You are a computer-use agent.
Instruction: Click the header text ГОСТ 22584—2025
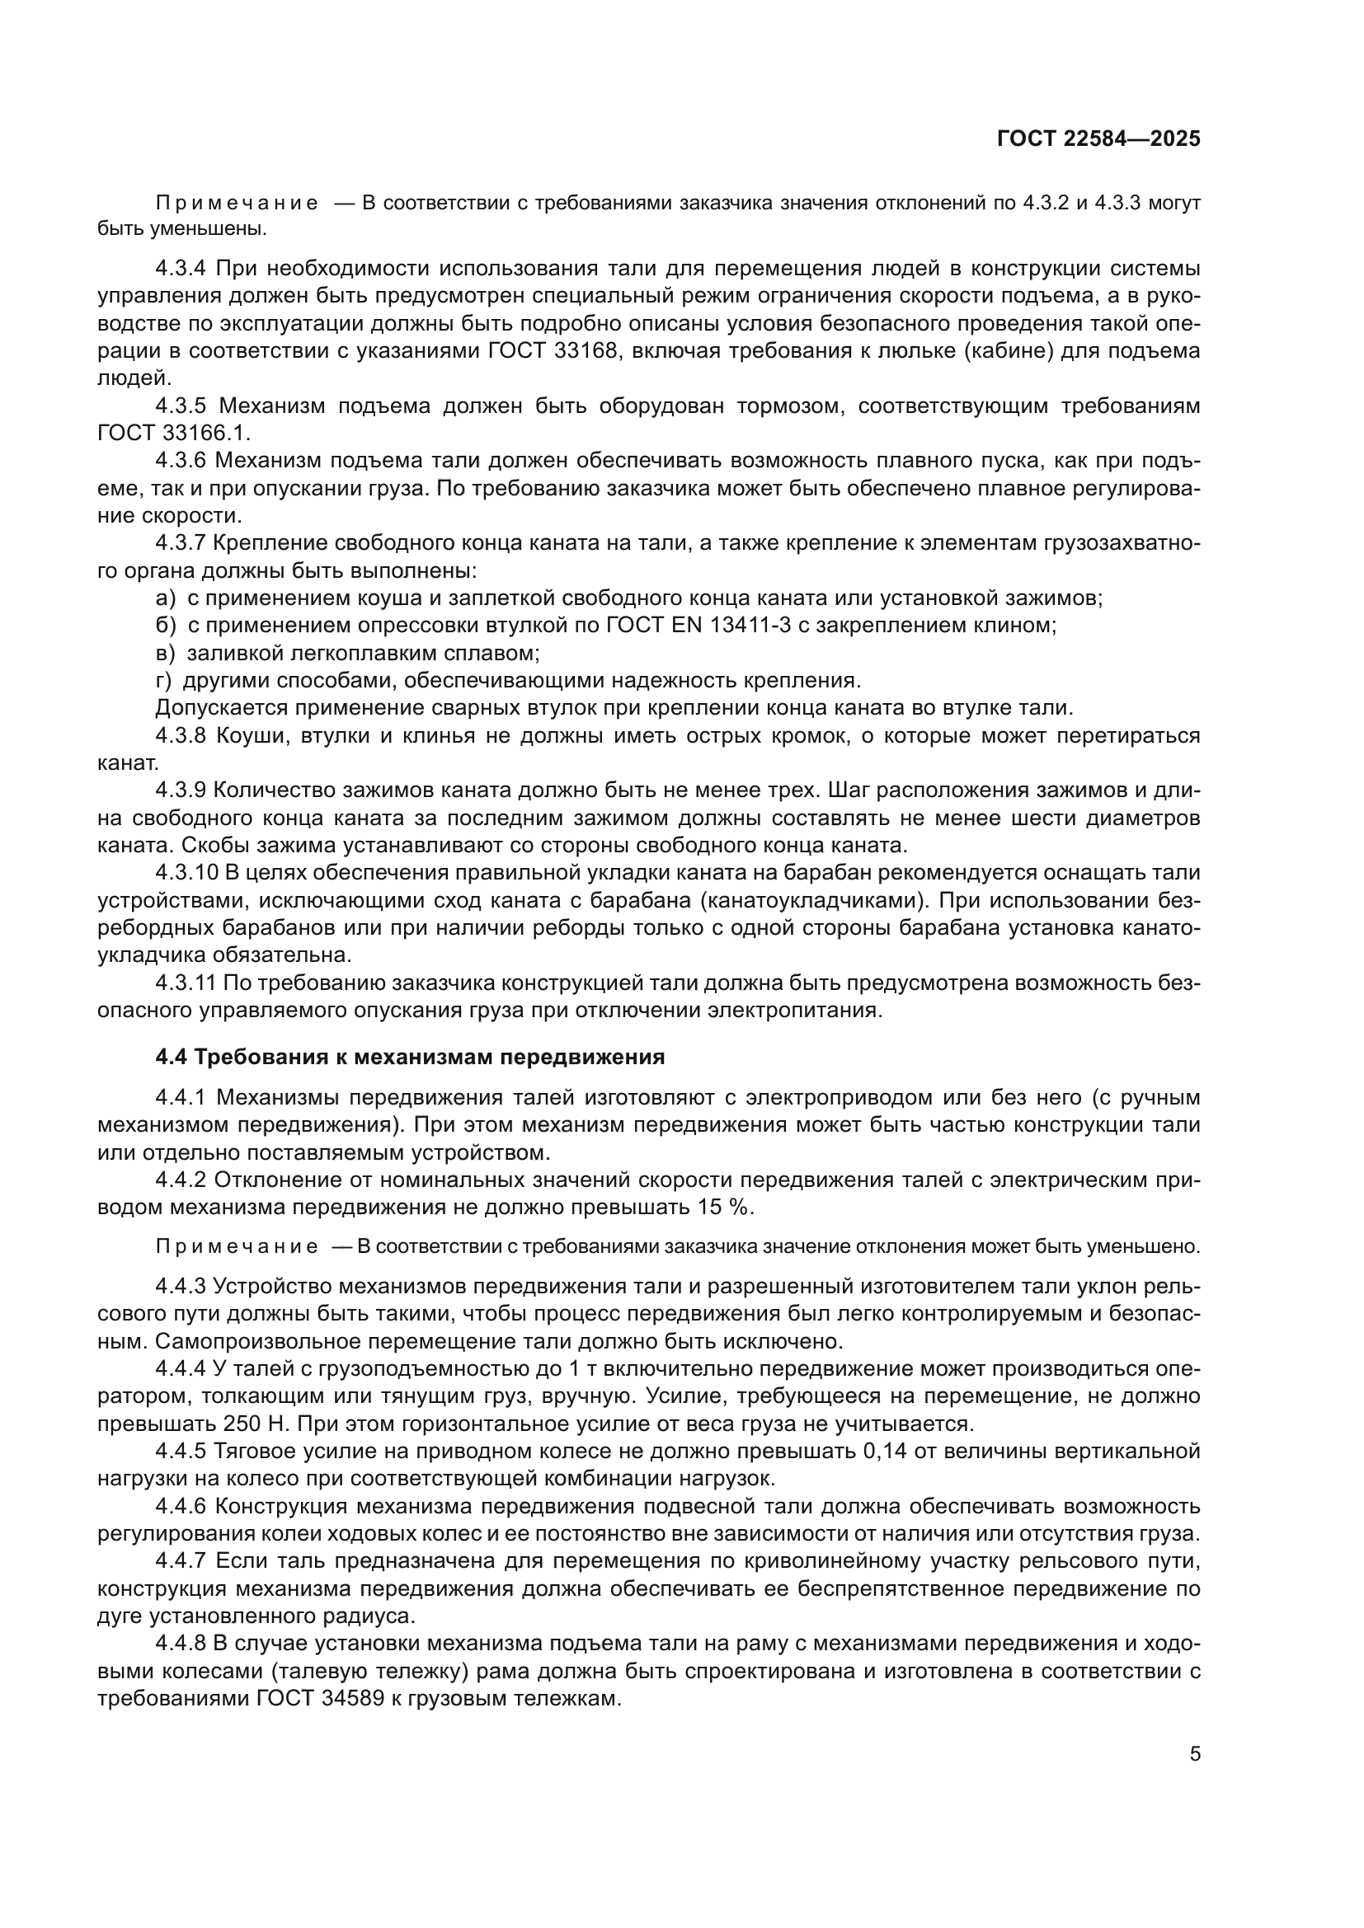pos(1098,139)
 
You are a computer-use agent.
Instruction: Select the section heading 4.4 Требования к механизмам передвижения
pos(410,1058)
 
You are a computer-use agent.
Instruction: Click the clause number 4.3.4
pos(180,269)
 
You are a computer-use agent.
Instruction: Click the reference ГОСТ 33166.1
pos(174,434)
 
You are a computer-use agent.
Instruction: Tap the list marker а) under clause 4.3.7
pos(166,598)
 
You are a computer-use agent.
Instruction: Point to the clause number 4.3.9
pos(180,790)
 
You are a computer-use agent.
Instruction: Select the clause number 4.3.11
pos(186,983)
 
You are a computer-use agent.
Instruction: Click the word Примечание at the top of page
pos(236,204)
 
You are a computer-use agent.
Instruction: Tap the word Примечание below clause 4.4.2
pos(236,1246)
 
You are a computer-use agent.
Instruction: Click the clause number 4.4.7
pos(180,1560)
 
